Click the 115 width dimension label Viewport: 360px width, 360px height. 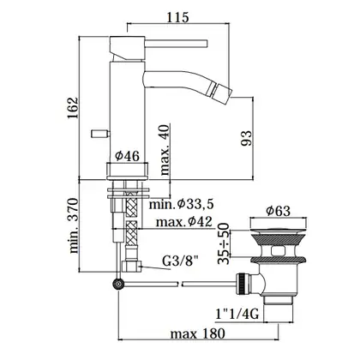(x=177, y=17)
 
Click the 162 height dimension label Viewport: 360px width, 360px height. (x=73, y=109)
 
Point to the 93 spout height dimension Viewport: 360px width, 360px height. (x=247, y=138)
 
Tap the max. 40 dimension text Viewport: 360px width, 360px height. (x=165, y=150)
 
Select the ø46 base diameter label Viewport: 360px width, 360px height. (x=128, y=156)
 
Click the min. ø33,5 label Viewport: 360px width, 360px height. (x=182, y=204)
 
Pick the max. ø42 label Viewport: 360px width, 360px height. (x=184, y=222)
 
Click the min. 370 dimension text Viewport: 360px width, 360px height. (x=73, y=225)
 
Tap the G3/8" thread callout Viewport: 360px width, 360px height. (x=180, y=261)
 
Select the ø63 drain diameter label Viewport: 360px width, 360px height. (x=278, y=211)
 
